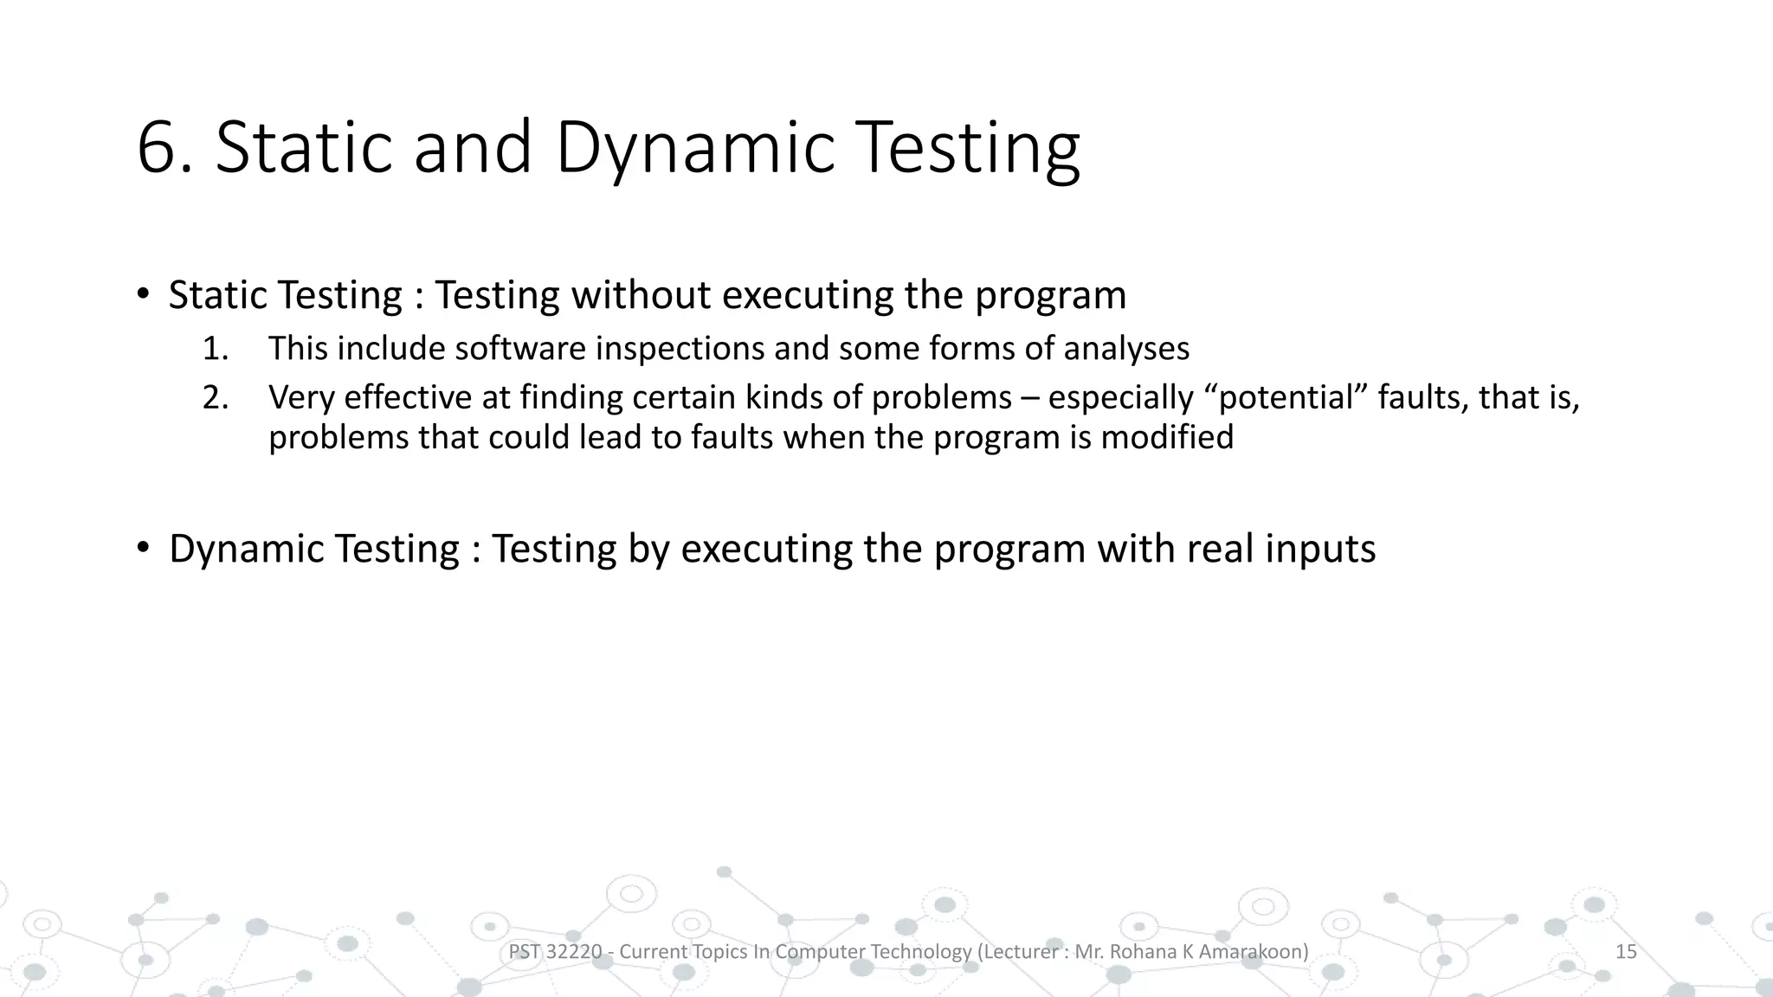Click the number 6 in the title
pos(157,147)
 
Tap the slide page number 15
pos(1626,952)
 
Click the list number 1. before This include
pos(216,349)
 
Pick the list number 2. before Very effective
pos(216,398)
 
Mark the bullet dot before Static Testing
pos(143,295)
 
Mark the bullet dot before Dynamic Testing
pos(143,549)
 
